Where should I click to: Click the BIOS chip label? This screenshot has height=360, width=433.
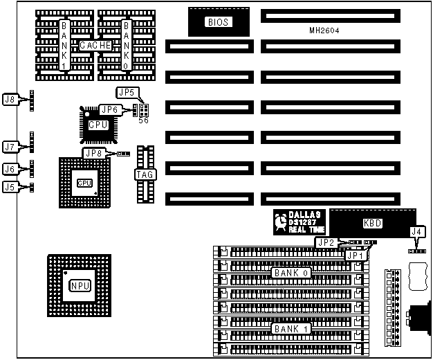pos(219,22)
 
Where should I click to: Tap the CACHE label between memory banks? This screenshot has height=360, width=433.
pos(95,45)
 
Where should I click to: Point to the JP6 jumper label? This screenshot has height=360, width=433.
pos(109,109)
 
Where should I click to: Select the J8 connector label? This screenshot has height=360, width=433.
pos(10,100)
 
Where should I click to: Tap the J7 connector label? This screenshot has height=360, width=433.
pos(10,147)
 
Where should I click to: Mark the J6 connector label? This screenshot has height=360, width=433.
pos(10,169)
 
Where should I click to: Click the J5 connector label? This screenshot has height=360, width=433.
pos(10,186)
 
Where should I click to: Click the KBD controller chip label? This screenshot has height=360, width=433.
pos(372,224)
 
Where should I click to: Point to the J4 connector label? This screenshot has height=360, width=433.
pos(415,231)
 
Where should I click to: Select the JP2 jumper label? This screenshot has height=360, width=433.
pos(326,242)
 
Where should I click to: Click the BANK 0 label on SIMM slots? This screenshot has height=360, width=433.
pos(290,273)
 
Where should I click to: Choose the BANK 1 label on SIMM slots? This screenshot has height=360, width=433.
pos(290,328)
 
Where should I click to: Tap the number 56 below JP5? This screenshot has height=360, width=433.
pos(143,120)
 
